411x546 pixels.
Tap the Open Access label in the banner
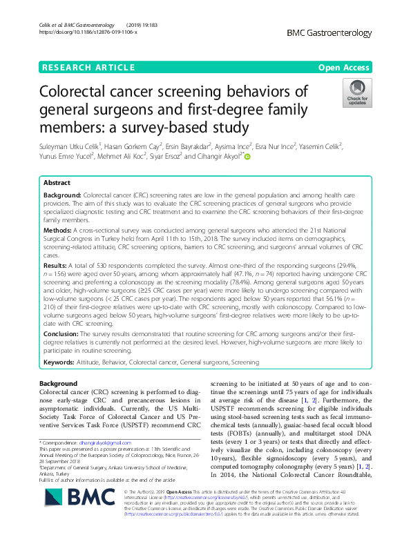[x=343, y=67]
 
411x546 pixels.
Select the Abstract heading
[x=57, y=183]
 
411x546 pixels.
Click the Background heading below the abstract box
[x=58, y=383]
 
